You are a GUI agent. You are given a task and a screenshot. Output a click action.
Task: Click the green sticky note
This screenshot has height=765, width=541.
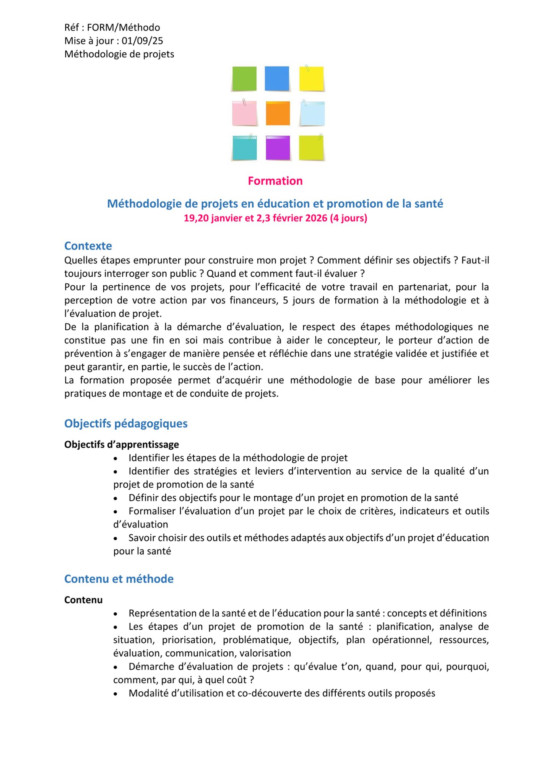[244, 79]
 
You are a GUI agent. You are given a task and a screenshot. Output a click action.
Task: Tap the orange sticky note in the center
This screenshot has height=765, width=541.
[278, 114]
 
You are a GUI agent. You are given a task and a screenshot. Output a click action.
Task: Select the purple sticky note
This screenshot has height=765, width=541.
[278, 148]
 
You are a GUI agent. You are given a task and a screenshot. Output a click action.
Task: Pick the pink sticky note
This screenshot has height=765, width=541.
[244, 113]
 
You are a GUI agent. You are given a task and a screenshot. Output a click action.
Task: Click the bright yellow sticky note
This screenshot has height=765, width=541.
[312, 79]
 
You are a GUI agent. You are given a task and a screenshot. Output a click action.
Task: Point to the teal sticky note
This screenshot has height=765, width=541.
[244, 148]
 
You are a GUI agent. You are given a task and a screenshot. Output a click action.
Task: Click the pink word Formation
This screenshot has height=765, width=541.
[275, 181]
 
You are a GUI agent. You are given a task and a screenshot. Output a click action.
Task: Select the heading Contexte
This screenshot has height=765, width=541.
[88, 246]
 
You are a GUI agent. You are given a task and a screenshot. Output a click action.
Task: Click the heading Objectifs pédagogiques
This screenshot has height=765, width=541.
[126, 423]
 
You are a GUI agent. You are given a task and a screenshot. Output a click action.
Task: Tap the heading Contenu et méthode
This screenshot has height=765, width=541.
[119, 579]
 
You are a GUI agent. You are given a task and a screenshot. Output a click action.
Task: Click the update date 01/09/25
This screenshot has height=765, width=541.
[142, 41]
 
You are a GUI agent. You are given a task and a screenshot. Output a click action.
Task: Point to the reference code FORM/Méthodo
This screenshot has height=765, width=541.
[123, 28]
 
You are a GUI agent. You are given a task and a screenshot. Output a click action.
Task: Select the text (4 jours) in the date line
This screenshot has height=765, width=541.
[348, 218]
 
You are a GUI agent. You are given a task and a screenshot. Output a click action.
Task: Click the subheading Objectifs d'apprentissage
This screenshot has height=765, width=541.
[121, 444]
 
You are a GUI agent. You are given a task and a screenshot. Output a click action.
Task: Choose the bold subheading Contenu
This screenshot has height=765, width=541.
[83, 600]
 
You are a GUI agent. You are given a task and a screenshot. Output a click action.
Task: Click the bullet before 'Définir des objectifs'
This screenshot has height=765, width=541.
[115, 498]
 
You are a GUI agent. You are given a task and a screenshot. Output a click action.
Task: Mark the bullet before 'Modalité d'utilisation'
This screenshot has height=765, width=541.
[115, 694]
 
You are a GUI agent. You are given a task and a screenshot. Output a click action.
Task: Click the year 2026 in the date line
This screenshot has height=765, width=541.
[316, 218]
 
